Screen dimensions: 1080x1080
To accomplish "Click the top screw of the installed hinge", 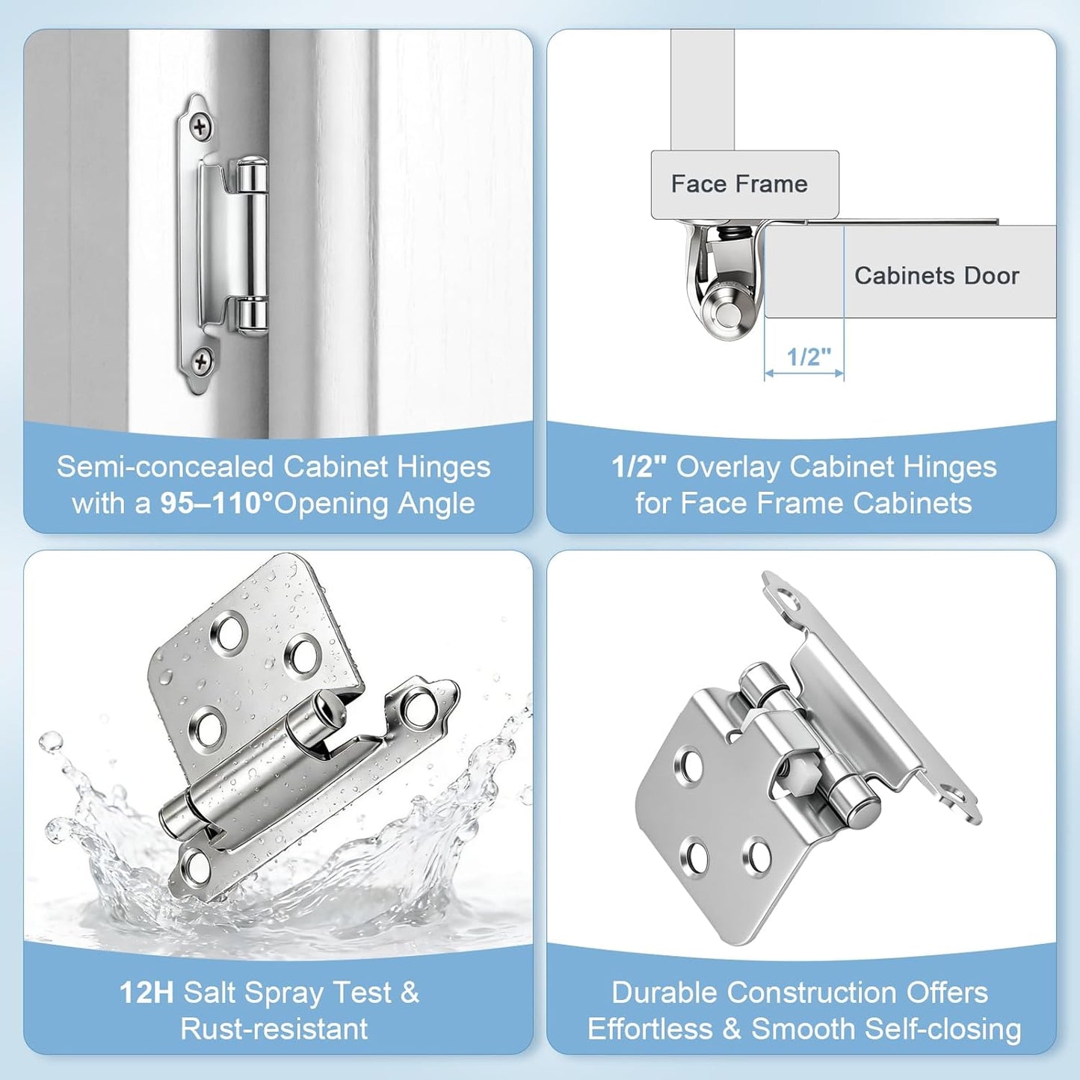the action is pyautogui.click(x=200, y=127).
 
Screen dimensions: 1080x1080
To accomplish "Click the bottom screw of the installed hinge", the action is pyautogui.click(x=200, y=361).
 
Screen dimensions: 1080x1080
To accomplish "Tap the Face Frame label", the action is pyautogui.click(x=739, y=184).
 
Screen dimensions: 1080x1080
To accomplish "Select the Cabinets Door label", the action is pyautogui.click(x=936, y=275).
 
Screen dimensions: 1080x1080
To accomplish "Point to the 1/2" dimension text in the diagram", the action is pyautogui.click(x=809, y=357).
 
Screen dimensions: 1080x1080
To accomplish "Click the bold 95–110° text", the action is pyautogui.click(x=217, y=503).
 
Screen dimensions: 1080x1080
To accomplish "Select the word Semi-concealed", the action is pyautogui.click(x=165, y=467).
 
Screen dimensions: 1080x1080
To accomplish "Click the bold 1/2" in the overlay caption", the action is pyautogui.click(x=640, y=467).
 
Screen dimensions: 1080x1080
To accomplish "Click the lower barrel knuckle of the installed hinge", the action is pyautogui.click(x=251, y=315).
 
